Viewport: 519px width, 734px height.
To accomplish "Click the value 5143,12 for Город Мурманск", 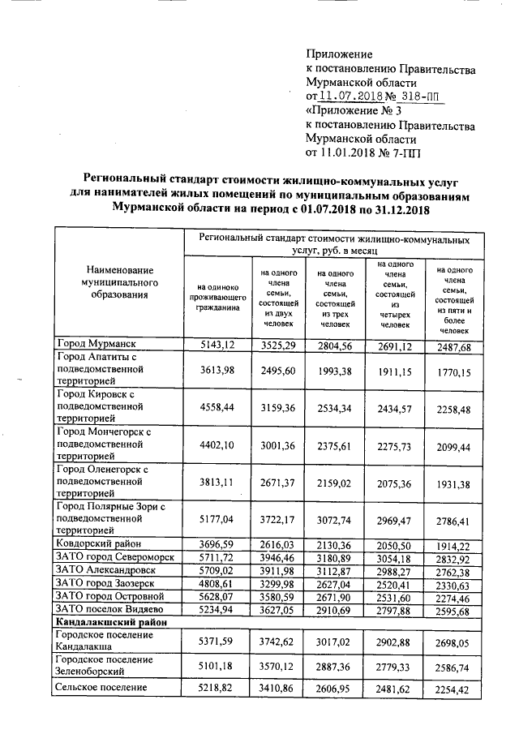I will coord(217,346).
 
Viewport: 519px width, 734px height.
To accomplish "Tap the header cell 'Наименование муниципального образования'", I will coord(119,281).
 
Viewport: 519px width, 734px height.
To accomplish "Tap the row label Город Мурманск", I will coord(94,346).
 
